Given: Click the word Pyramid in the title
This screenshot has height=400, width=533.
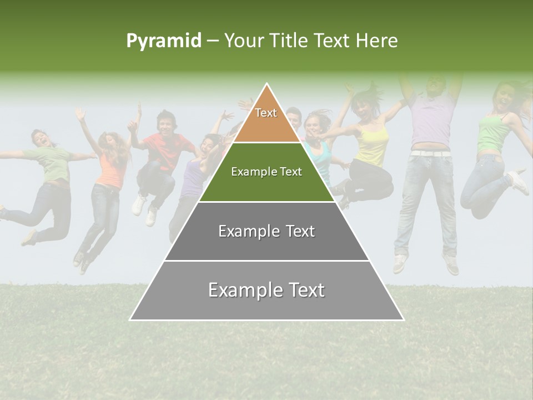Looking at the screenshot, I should tap(164, 41).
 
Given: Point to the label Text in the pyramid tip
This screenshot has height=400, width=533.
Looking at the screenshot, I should tap(266, 113).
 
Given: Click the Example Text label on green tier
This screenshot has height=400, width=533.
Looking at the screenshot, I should tap(266, 172).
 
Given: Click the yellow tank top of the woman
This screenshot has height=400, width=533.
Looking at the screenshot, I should tap(373, 144).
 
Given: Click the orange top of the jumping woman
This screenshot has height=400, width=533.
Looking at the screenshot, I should tap(110, 170).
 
